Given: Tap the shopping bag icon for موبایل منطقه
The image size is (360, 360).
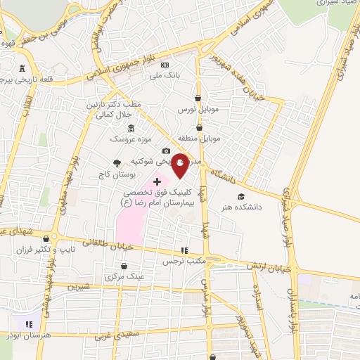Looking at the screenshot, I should pos(200,128).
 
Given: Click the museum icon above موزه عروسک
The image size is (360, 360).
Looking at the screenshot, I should pos(131,127).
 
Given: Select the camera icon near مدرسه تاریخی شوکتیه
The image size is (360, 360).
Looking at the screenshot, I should pos(166,150).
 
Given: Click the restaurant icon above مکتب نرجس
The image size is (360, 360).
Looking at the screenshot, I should pos(184,250).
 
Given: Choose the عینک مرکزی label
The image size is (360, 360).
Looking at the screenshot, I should pos(124,277).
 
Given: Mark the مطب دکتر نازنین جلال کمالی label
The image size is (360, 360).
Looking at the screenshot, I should pos(113,108).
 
